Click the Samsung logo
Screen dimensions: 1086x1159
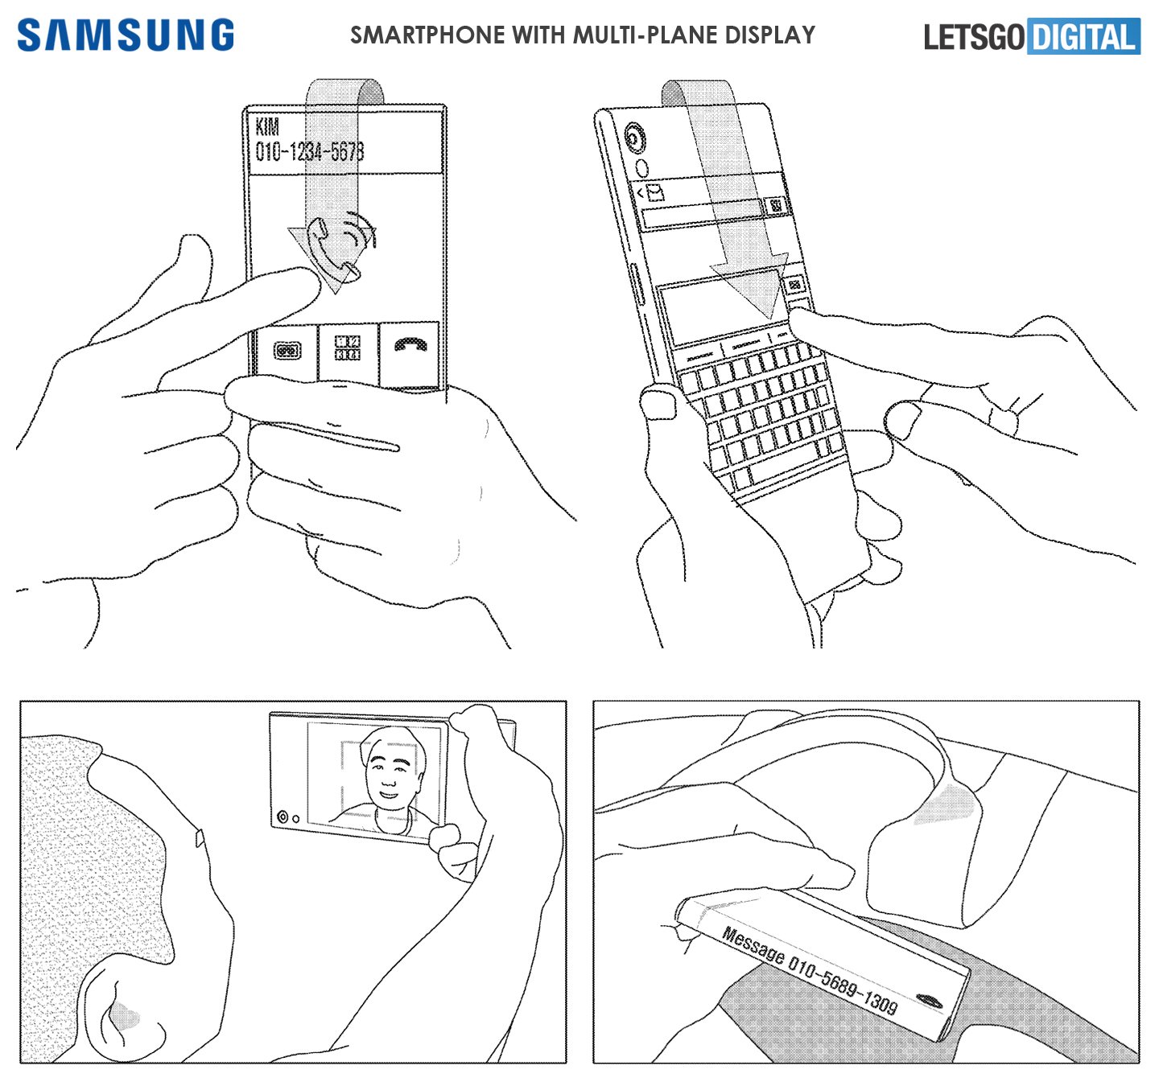point(126,36)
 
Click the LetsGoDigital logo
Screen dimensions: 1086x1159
point(1032,37)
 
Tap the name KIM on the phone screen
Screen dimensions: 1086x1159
point(267,126)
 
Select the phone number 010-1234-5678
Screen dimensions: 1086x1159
point(310,151)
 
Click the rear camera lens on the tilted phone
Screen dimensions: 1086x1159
point(634,139)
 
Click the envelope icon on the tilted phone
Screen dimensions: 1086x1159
point(654,192)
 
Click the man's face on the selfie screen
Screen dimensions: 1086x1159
point(389,772)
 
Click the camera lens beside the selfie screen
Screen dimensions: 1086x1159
point(282,817)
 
